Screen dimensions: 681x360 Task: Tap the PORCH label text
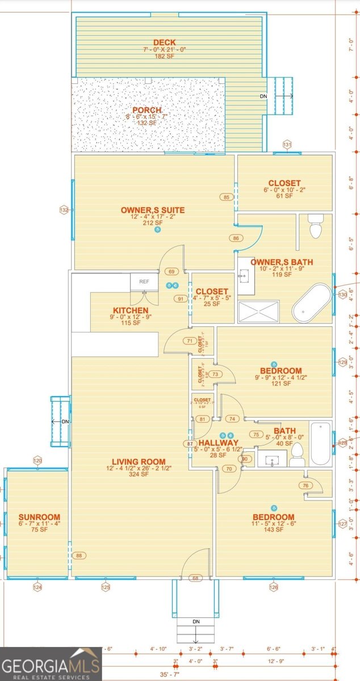(x=147, y=110)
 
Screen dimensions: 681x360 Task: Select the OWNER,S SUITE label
(x=153, y=210)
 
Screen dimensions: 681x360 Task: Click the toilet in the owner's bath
(x=315, y=226)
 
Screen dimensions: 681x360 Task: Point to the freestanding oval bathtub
(x=312, y=302)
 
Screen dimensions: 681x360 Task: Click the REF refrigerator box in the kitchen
(x=144, y=281)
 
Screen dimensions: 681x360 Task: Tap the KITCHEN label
(x=131, y=311)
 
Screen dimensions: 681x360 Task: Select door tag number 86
(x=236, y=238)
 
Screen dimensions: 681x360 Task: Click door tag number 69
(x=172, y=272)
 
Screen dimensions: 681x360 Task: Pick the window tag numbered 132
(x=64, y=210)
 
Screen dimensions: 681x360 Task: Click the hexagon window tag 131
(x=287, y=145)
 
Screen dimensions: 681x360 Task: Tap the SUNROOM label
(x=39, y=517)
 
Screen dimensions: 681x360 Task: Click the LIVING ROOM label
(x=139, y=462)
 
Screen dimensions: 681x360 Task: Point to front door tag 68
(x=196, y=578)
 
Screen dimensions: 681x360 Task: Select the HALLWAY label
(x=219, y=443)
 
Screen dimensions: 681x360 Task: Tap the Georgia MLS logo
(x=51, y=664)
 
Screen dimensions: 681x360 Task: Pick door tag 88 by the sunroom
(x=79, y=556)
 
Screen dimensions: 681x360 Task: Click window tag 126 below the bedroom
(x=274, y=587)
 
